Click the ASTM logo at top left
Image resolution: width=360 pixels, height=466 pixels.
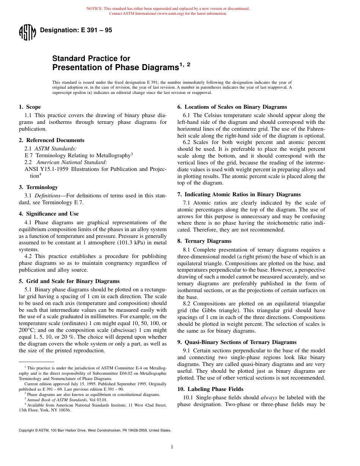click(27, 32)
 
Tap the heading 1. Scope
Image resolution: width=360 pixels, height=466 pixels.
click(30, 107)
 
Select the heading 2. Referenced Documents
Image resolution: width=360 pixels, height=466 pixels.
click(52, 140)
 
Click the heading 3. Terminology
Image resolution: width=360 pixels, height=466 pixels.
click(38, 187)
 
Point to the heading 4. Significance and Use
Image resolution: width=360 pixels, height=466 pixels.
click(49, 214)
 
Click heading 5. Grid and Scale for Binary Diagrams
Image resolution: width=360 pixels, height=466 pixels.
click(69, 281)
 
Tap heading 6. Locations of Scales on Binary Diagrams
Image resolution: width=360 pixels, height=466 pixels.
click(232, 107)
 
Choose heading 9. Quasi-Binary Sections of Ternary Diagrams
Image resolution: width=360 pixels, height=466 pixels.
click(237, 342)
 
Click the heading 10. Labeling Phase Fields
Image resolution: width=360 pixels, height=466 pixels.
click(210, 389)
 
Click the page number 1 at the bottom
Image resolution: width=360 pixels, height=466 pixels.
click(172, 447)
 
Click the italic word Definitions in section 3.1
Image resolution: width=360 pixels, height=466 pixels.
click(47, 195)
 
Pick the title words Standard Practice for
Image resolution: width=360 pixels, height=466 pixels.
click(91, 58)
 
